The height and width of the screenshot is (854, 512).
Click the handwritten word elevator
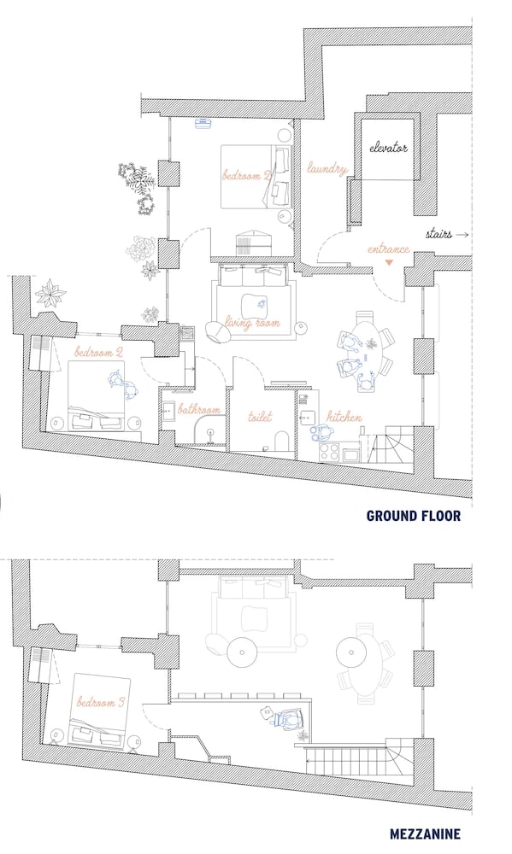coord(388,147)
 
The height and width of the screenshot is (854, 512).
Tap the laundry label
coord(327,168)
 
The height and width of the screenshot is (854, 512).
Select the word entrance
coord(388,249)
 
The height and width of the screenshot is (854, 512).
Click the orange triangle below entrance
coord(389,263)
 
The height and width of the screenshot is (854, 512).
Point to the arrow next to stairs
coord(462,235)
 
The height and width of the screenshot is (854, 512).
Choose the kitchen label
coord(344,418)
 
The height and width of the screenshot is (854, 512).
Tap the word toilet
coord(260,417)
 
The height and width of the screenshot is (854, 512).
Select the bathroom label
coord(199,410)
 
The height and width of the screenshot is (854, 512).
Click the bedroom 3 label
coord(100,702)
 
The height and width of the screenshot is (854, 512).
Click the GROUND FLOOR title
coord(414,516)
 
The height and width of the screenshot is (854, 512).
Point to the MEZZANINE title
coord(425,834)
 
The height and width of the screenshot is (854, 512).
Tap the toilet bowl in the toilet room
coord(282,442)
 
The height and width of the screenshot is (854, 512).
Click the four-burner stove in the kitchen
coord(329,451)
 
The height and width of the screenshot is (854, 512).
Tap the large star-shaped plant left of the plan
coord(50,292)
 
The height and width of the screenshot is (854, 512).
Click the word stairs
coord(439,234)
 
